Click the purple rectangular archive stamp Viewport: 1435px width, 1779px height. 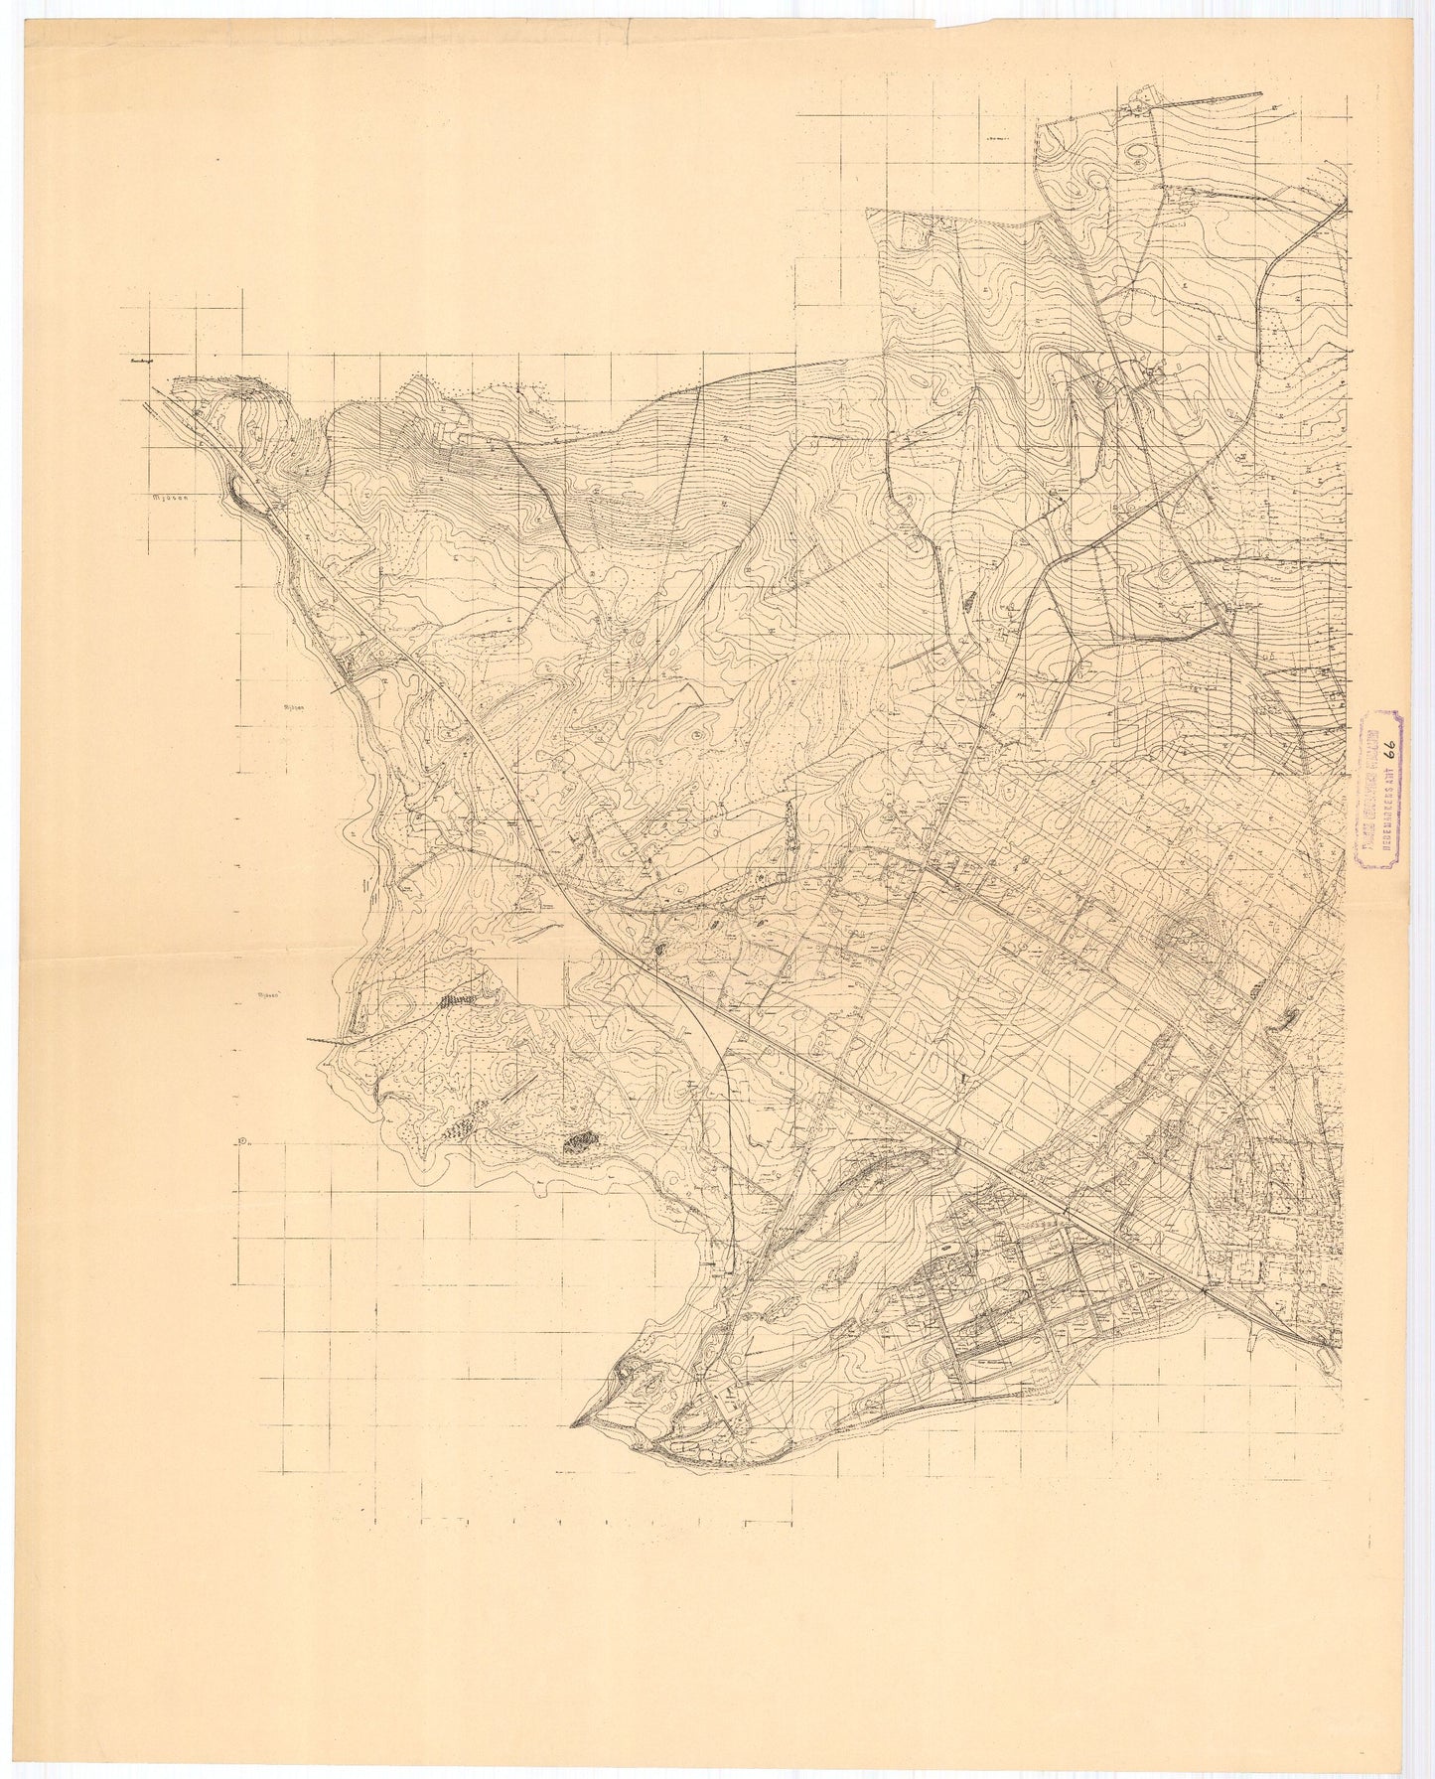coord(1377,789)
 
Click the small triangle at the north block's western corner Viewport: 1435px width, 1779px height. coord(870,210)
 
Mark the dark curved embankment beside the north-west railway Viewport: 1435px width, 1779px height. coord(241,489)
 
